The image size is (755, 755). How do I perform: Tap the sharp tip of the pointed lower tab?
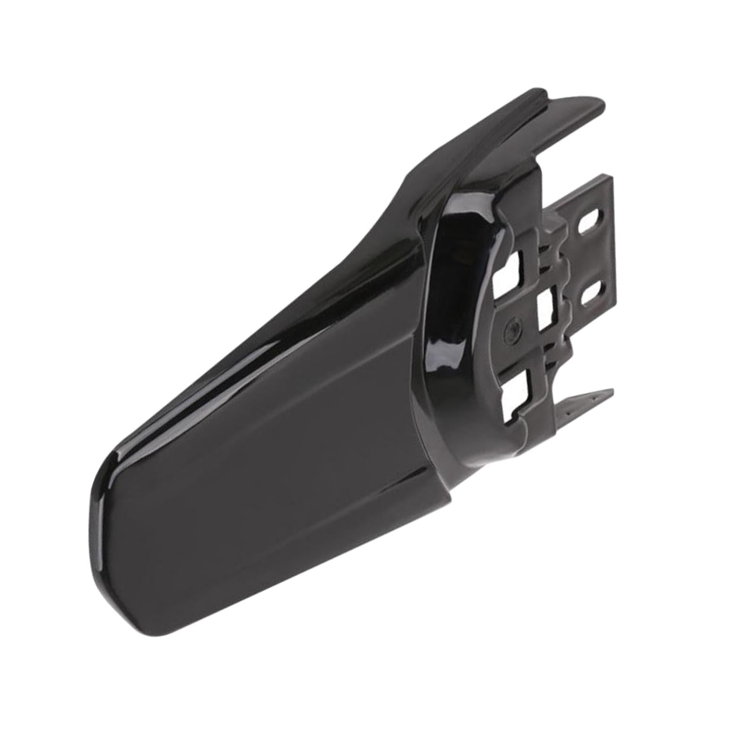(612, 391)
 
